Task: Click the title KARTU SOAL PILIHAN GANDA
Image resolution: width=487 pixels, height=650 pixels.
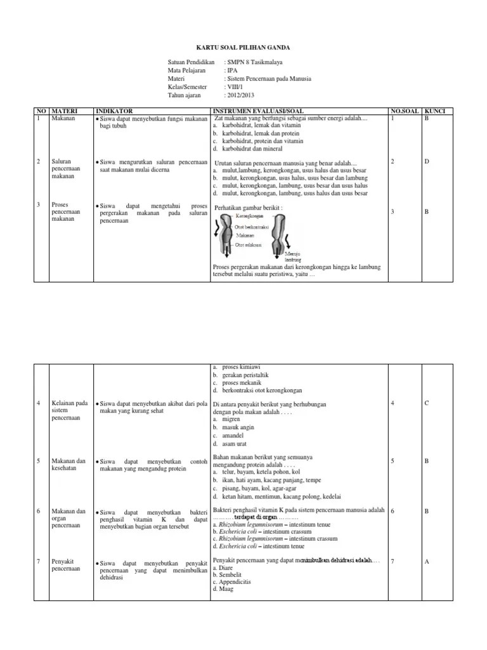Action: click(x=243, y=47)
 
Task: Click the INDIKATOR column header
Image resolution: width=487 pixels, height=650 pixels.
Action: click(x=114, y=111)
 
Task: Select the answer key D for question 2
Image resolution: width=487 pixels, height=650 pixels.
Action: click(x=427, y=162)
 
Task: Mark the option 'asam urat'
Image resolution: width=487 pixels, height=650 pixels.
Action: click(x=235, y=444)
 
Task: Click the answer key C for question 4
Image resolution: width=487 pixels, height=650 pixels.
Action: click(x=427, y=403)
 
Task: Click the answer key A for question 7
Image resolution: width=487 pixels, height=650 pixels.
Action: click(x=427, y=561)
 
